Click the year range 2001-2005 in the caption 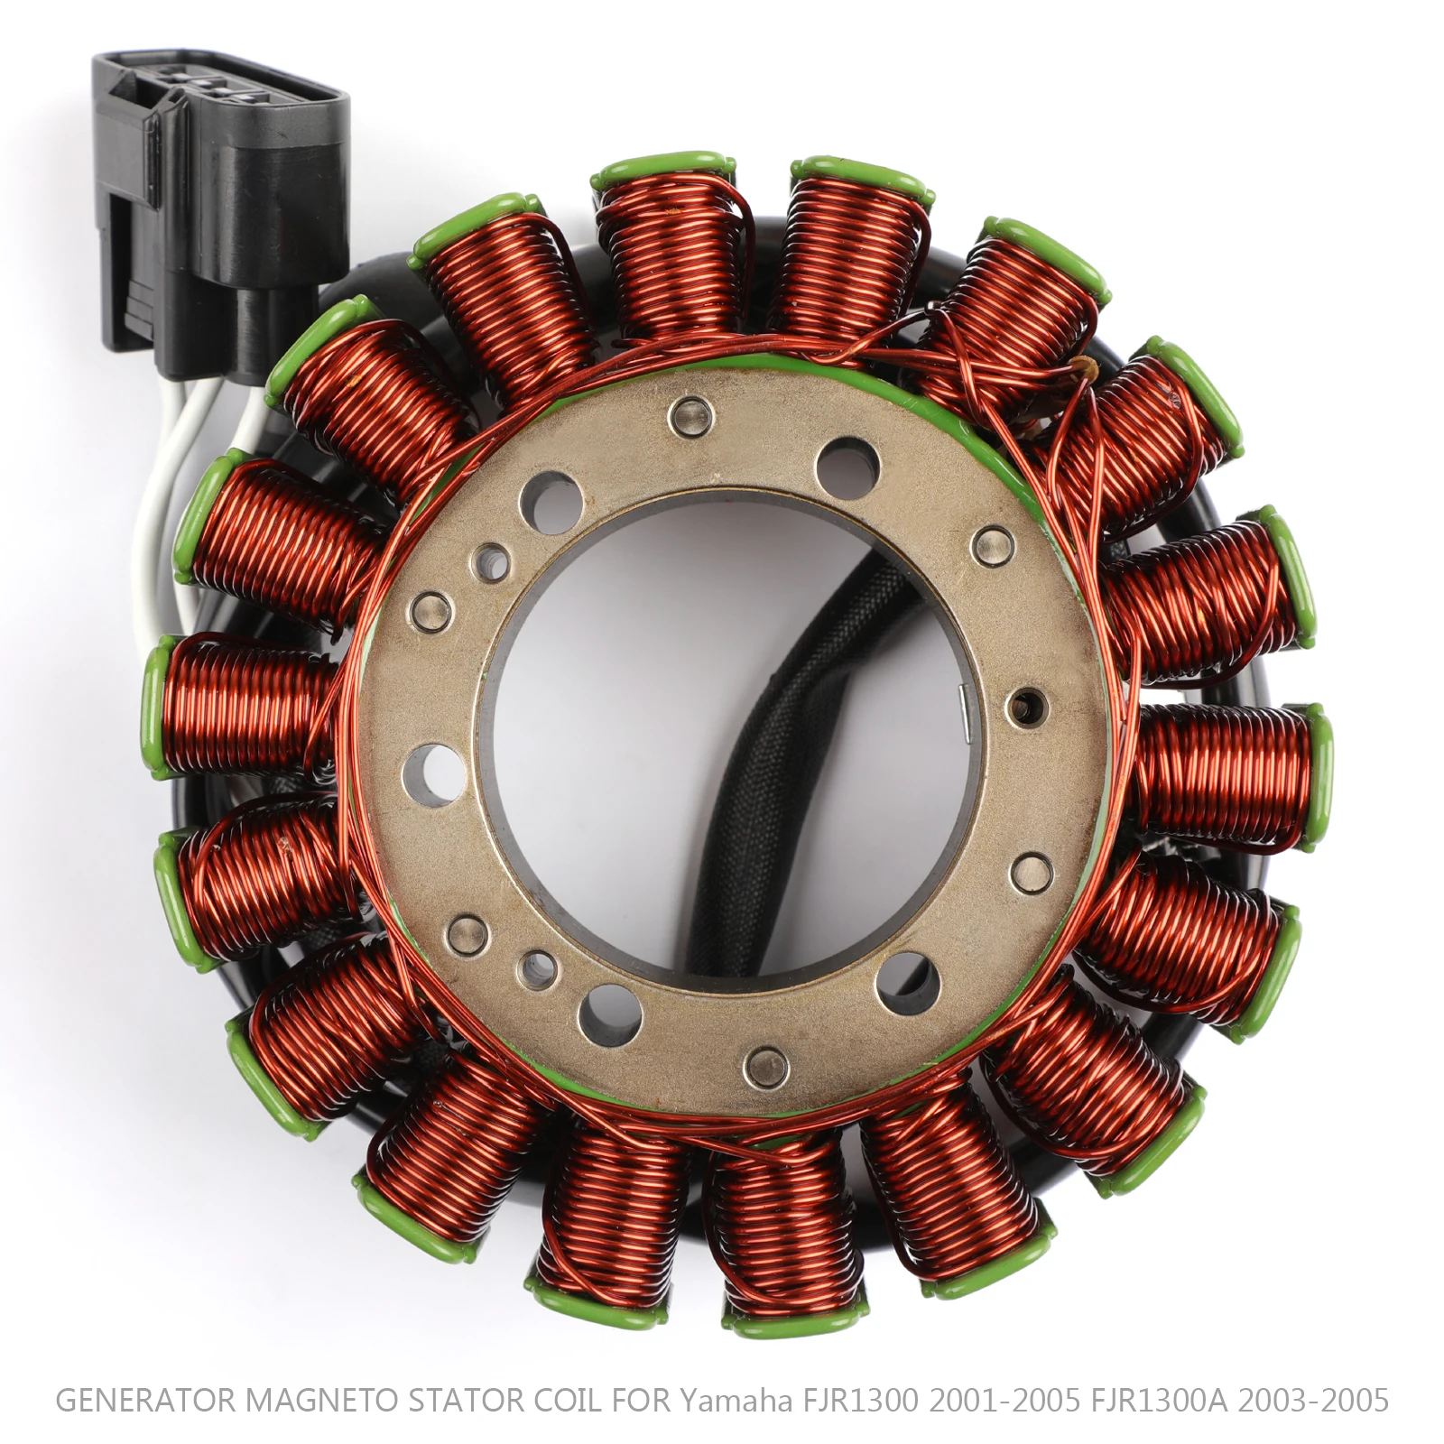[1004, 1400]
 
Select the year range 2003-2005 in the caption [1313, 1400]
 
